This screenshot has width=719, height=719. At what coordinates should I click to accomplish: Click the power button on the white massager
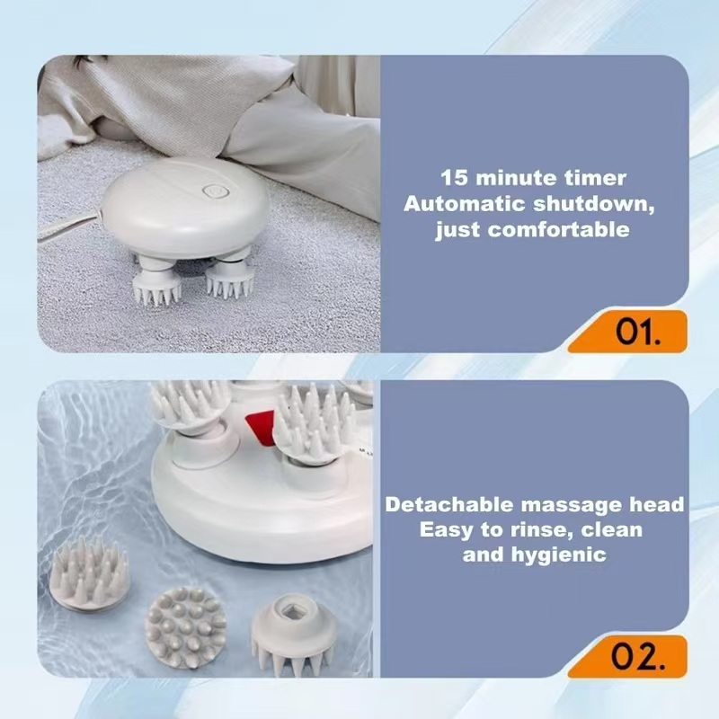214,192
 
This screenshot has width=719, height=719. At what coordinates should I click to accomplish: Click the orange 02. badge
639,657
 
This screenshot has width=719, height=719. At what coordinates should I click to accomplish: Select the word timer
598,178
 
